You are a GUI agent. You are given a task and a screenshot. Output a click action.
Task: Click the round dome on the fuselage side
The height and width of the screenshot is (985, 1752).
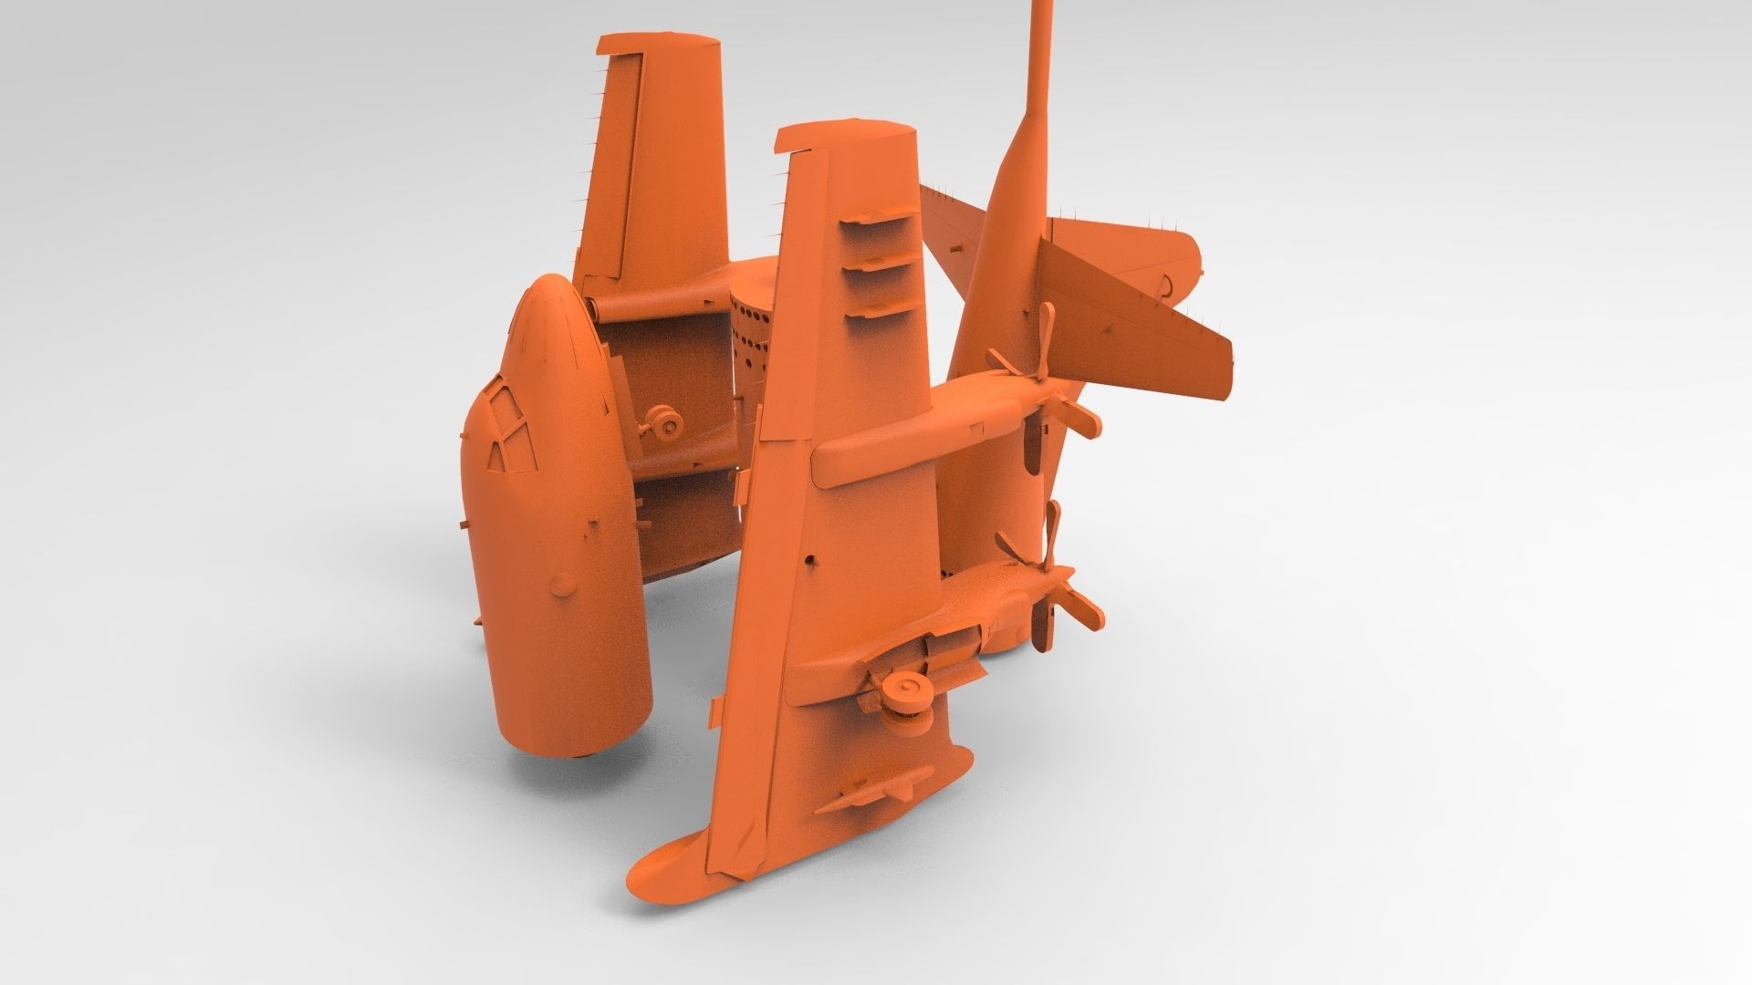pyautogui.click(x=564, y=580)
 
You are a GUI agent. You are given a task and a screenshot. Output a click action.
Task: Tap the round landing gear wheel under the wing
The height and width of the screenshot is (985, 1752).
pyautogui.click(x=909, y=689)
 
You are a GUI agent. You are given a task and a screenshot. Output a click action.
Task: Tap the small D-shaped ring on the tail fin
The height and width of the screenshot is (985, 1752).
pyautogui.click(x=1167, y=287)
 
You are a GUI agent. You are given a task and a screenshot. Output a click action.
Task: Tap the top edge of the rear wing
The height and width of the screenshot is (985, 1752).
pyautogui.click(x=657, y=44)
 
